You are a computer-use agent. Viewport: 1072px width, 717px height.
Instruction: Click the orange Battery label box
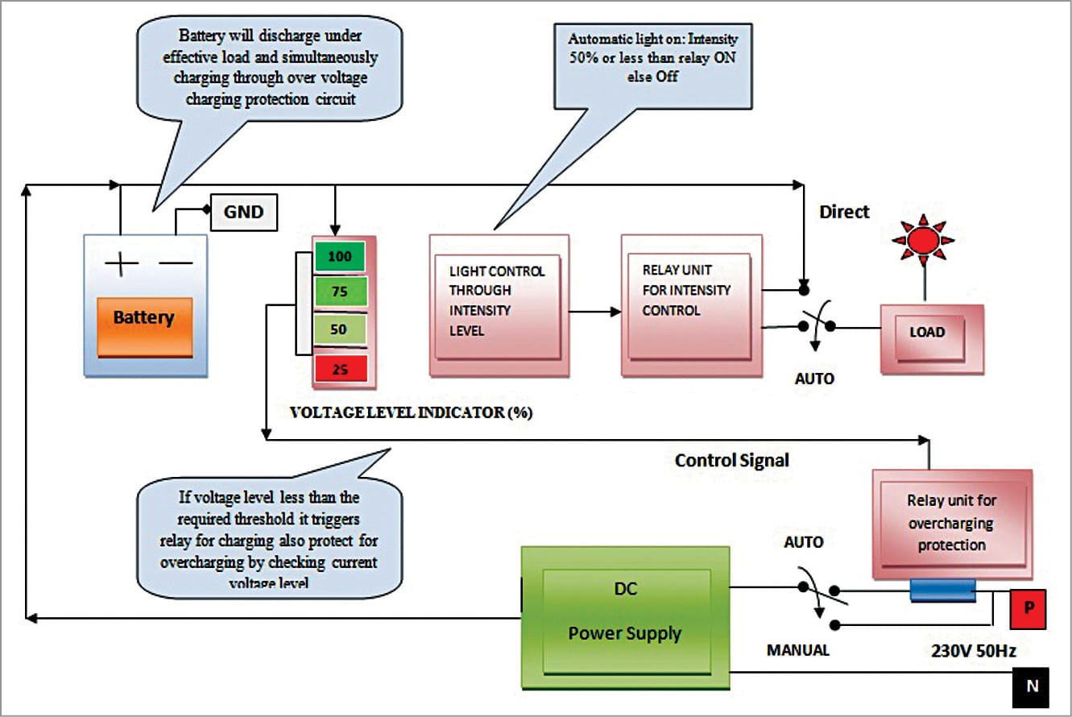coord(144,317)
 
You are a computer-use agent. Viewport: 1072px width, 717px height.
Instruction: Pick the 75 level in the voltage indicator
coord(340,293)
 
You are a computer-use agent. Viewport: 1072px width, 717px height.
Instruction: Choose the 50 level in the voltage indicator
coord(340,330)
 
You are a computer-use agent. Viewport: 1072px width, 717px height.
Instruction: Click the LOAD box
coord(927,332)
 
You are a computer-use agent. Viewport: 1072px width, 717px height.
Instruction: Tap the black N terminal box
coord(1031,687)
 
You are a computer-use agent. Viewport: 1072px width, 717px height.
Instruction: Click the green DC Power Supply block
coord(626,618)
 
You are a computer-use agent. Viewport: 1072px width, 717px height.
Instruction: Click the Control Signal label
coord(732,460)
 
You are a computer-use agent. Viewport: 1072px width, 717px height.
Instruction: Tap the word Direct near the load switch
coord(844,212)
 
